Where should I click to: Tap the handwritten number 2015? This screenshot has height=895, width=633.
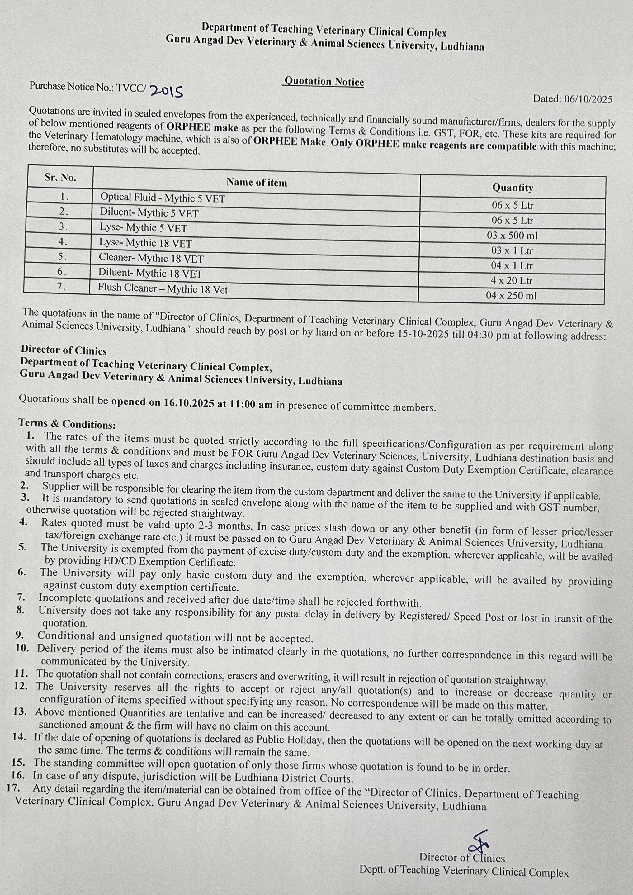tap(167, 91)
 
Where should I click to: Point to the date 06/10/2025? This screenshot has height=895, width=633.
tap(588, 99)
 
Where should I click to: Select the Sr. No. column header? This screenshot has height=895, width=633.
tap(60, 178)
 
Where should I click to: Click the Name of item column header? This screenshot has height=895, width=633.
tap(257, 183)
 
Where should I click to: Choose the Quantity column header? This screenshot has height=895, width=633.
tap(512, 188)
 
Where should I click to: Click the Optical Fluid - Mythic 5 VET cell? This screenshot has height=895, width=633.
tap(163, 198)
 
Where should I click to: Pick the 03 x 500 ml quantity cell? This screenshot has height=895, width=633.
tap(512, 236)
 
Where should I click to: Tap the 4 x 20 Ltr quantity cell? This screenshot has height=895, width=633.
tap(511, 281)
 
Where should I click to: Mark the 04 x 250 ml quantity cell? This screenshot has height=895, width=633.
tap(511, 296)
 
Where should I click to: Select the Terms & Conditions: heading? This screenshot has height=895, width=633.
tap(67, 424)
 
